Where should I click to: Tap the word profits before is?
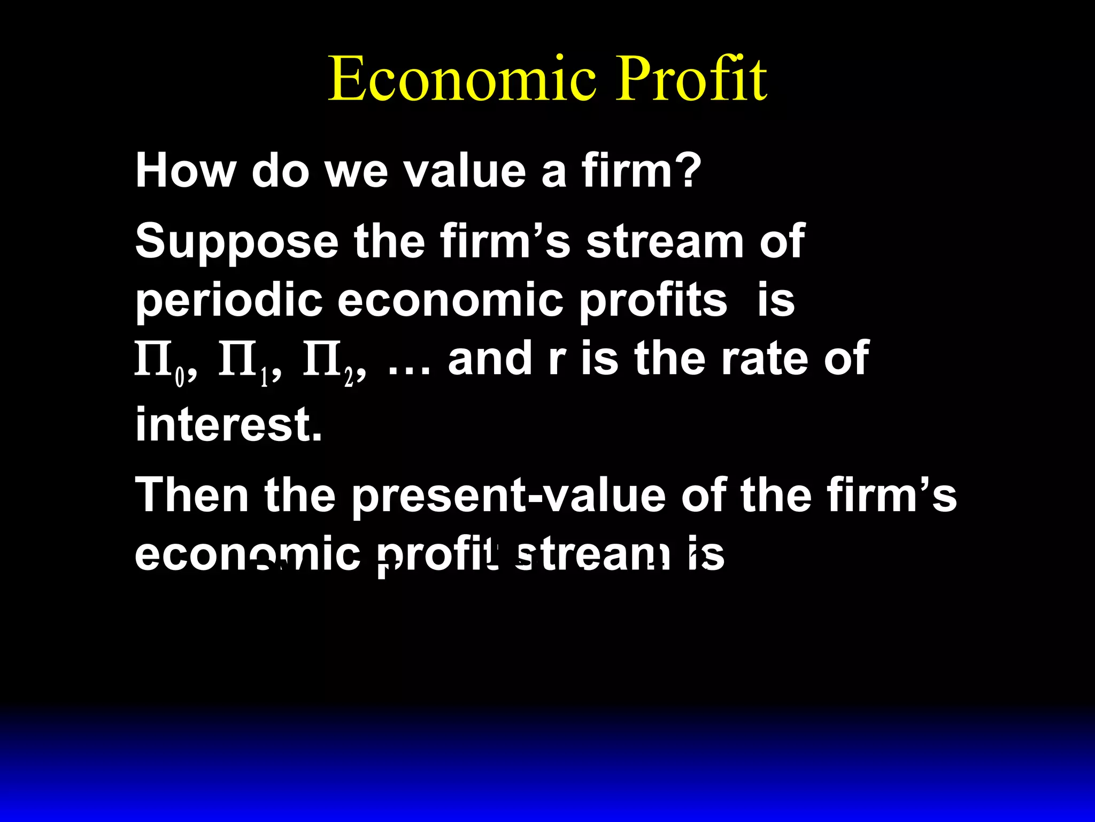[653, 300]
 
